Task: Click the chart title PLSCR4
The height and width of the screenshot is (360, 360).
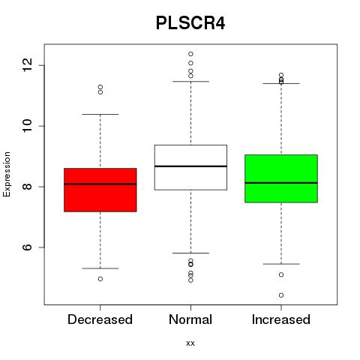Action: point(190,23)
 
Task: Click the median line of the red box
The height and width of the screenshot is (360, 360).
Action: point(100,184)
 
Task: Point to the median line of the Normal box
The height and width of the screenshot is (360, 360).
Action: point(190,166)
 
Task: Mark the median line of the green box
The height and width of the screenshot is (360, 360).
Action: point(281,183)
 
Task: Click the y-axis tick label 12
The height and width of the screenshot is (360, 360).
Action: point(28,65)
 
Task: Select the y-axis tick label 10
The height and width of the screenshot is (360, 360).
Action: point(28,126)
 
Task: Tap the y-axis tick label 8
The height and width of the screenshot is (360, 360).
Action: point(28,187)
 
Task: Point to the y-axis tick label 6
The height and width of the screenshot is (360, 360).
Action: point(28,247)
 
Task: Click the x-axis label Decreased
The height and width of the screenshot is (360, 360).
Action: point(100,319)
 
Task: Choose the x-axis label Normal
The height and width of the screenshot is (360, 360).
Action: point(190,319)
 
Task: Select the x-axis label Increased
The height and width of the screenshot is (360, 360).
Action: point(281,319)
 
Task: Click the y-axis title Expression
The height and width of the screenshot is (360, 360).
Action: point(7,175)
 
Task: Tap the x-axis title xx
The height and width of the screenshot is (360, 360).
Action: point(190,343)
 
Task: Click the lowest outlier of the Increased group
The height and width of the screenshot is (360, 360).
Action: point(281,295)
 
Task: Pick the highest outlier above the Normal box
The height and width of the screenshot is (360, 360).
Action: point(190,54)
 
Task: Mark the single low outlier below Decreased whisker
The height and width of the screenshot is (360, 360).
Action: point(100,279)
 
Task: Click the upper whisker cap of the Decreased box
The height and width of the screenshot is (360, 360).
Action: point(100,114)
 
